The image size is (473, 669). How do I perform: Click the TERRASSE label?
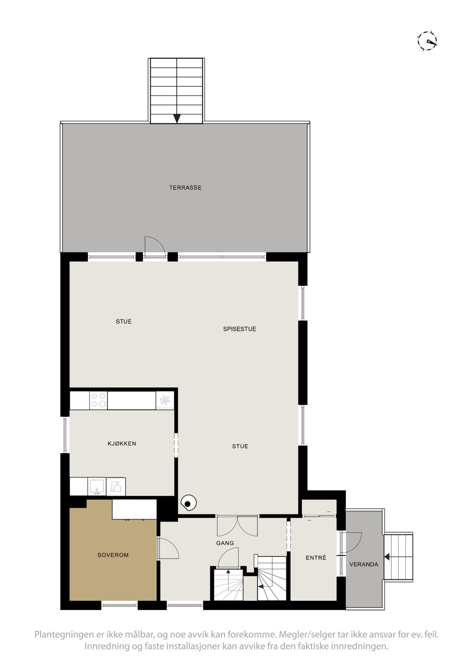(x=185, y=188)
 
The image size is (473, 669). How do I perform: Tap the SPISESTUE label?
(x=240, y=329)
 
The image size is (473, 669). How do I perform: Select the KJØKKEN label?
(x=122, y=443)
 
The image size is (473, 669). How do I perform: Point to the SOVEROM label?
(x=113, y=555)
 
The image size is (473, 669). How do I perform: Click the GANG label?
(x=225, y=543)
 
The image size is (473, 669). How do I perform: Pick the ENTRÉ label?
(x=316, y=558)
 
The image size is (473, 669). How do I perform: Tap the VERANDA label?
(x=364, y=564)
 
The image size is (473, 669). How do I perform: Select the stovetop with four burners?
(x=98, y=400)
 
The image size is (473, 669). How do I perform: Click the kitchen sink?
(x=97, y=487)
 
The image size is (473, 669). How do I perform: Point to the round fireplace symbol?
(x=188, y=504)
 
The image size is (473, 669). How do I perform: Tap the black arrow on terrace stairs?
(x=177, y=118)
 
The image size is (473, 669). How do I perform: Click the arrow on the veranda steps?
(x=387, y=557)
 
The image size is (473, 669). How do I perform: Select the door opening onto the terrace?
(x=154, y=246)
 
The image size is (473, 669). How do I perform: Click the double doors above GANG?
(x=237, y=525)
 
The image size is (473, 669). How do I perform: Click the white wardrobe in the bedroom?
(x=134, y=509)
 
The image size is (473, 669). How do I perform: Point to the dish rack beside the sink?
(x=116, y=487)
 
